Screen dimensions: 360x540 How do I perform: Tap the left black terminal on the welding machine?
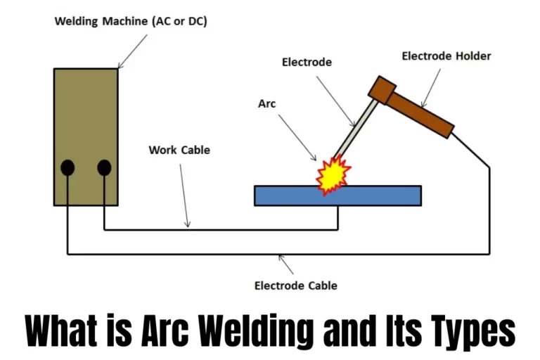67,167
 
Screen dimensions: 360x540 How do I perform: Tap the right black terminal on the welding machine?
104,167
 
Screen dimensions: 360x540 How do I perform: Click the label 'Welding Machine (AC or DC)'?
131,22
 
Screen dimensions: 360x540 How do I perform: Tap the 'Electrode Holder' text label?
446,56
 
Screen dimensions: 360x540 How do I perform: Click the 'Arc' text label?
267,103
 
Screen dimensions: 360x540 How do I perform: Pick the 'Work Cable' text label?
179,150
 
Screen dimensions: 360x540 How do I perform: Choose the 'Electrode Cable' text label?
295,285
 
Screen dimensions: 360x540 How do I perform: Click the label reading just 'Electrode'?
307,62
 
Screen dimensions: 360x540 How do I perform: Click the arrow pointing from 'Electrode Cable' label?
285,266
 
